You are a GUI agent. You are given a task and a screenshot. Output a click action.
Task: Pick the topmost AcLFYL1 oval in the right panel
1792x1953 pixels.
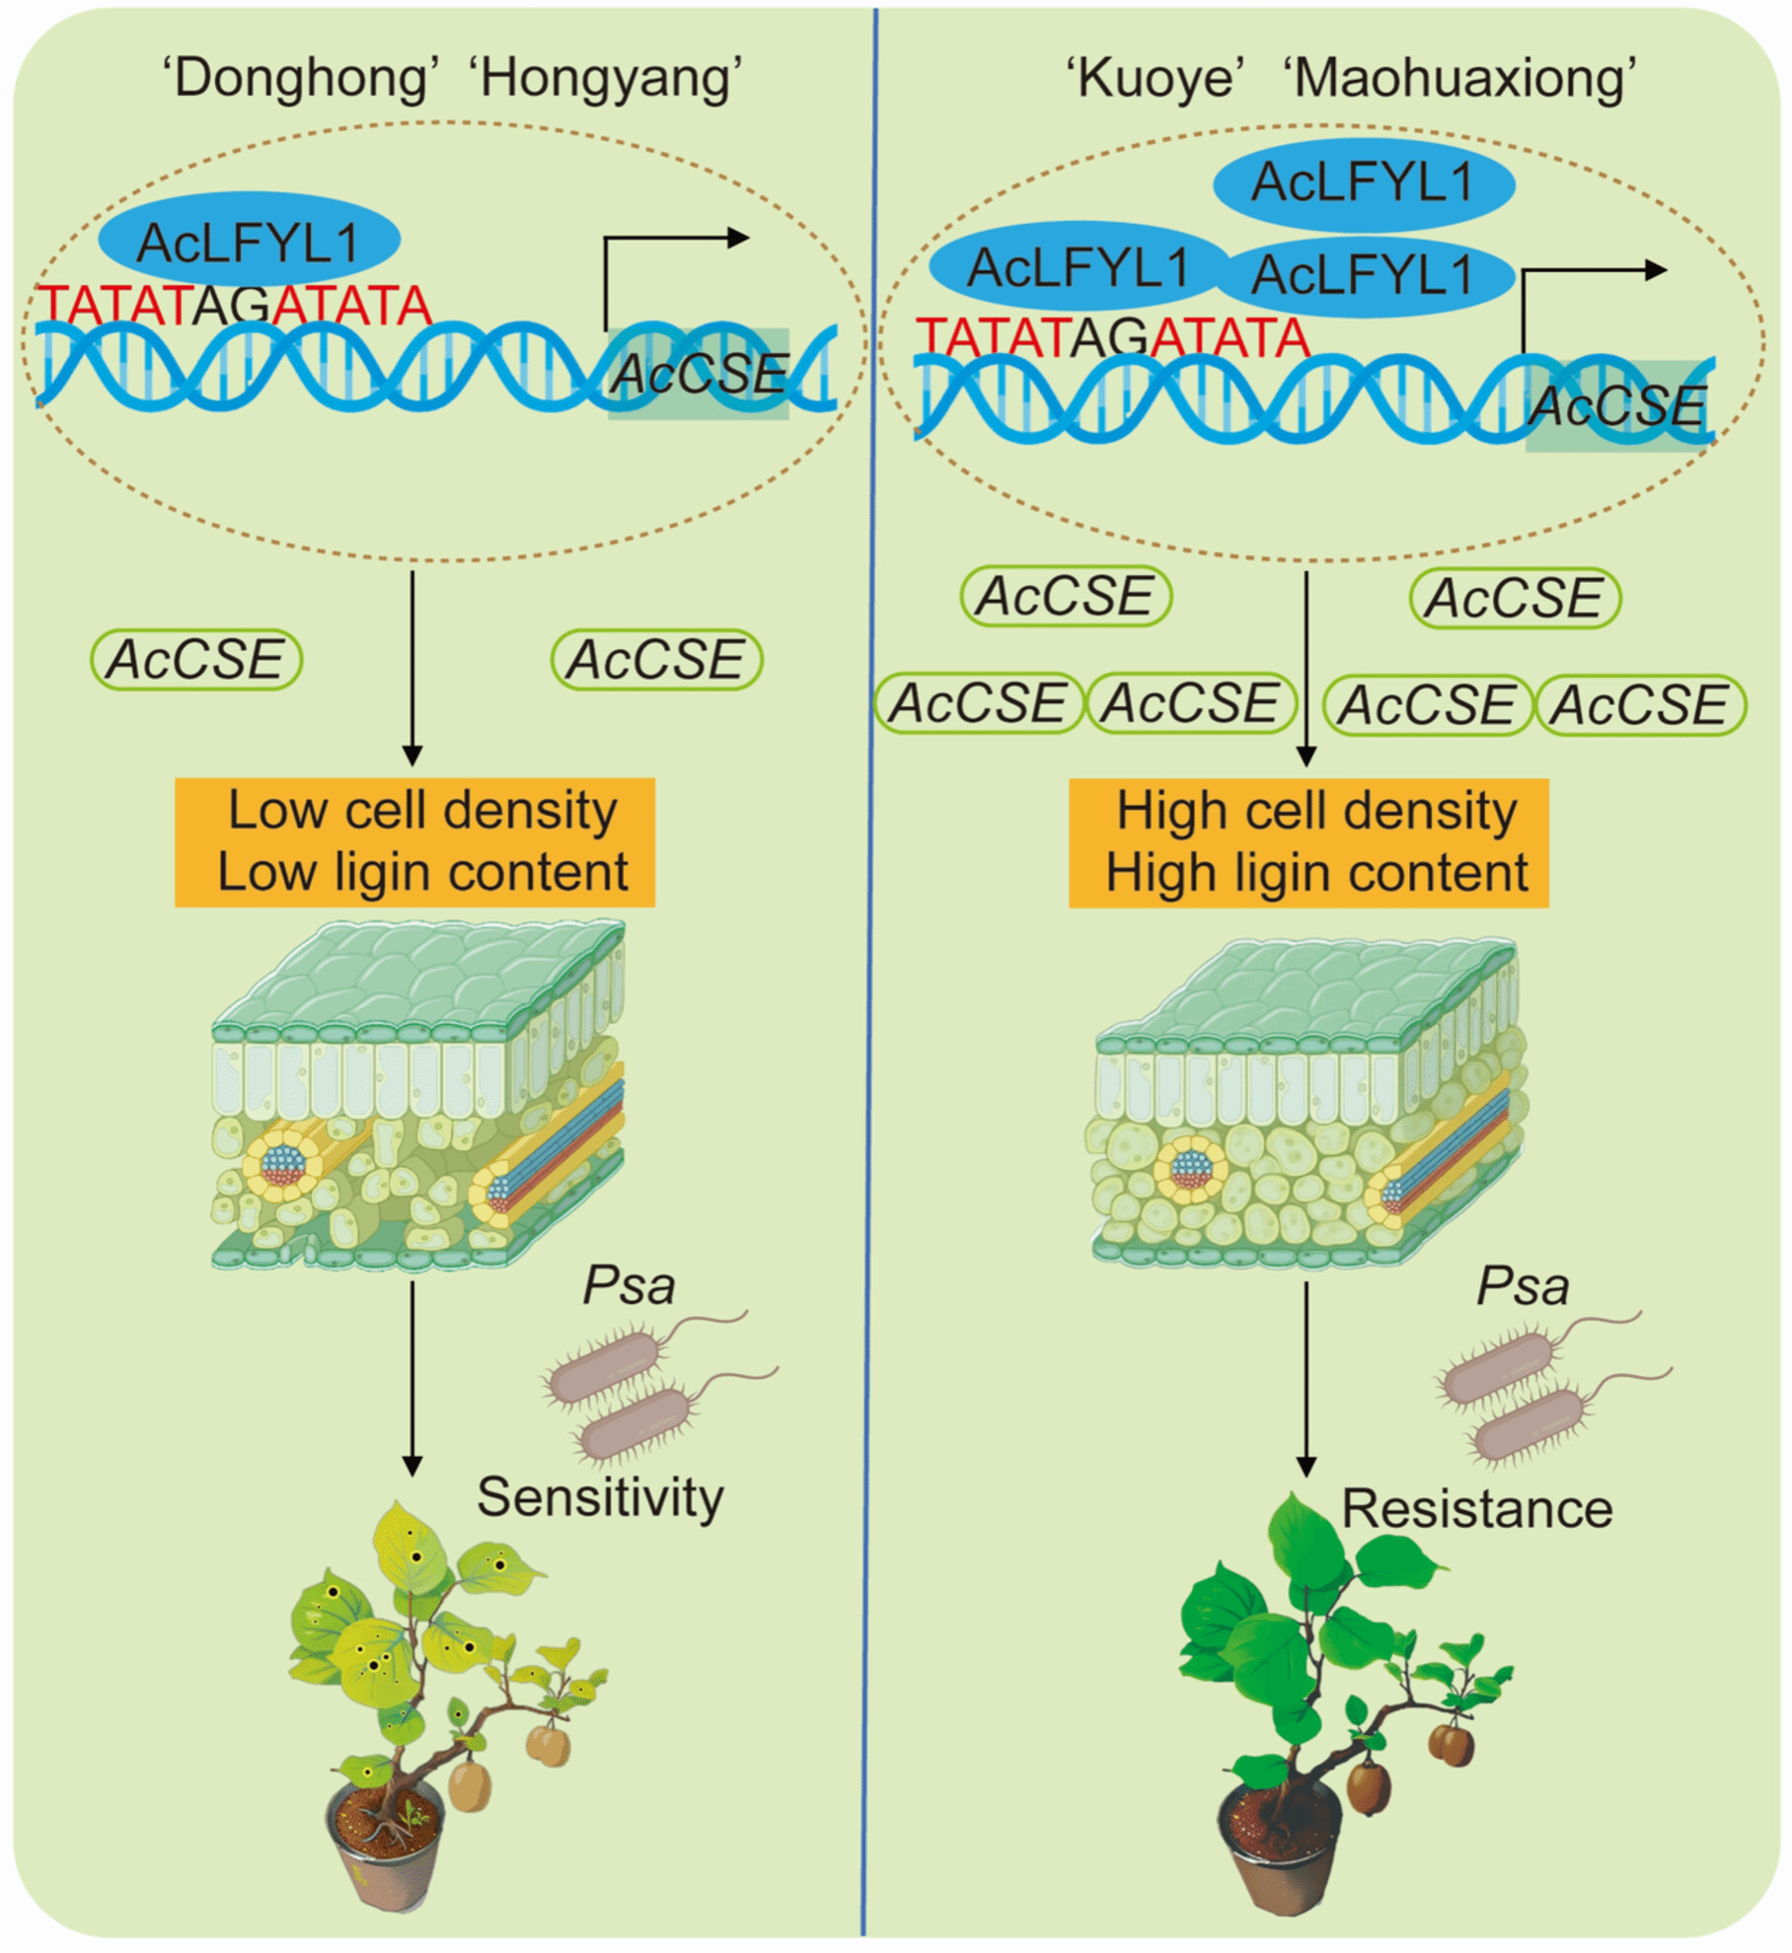pos(1363,183)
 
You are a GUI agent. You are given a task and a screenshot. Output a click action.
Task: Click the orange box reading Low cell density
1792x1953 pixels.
pos(414,841)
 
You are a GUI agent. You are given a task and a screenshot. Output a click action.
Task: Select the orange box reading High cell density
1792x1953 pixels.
pos(1308,842)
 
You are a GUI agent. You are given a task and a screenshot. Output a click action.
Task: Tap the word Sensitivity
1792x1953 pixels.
pos(600,1496)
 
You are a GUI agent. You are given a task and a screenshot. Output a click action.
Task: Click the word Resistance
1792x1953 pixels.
pos(1476,1508)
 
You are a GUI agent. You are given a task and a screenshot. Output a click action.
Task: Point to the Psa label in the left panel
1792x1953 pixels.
pos(629,1285)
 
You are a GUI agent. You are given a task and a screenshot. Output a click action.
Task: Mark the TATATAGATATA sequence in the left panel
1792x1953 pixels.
pos(234,306)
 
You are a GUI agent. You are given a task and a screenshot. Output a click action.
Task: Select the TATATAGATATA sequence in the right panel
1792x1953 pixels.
pos(1112,338)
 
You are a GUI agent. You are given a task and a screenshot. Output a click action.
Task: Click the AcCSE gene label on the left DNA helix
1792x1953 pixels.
pos(699,374)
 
